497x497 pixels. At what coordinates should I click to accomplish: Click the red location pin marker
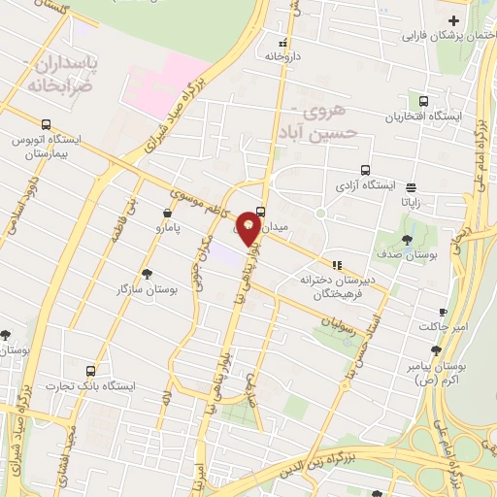pyautogui.click(x=249, y=224)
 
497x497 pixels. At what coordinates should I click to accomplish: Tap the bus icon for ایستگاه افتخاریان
pyautogui.click(x=423, y=101)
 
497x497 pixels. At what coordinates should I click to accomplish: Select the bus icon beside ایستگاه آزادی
pyautogui.click(x=364, y=168)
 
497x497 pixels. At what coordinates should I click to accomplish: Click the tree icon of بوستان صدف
pyautogui.click(x=407, y=240)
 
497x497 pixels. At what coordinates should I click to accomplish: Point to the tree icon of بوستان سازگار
pyautogui.click(x=148, y=275)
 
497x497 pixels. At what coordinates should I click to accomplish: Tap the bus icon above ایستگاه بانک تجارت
pyautogui.click(x=91, y=371)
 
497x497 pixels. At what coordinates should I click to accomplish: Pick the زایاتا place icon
pyautogui.click(x=411, y=188)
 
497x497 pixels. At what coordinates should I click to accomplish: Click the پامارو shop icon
pyautogui.click(x=169, y=212)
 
